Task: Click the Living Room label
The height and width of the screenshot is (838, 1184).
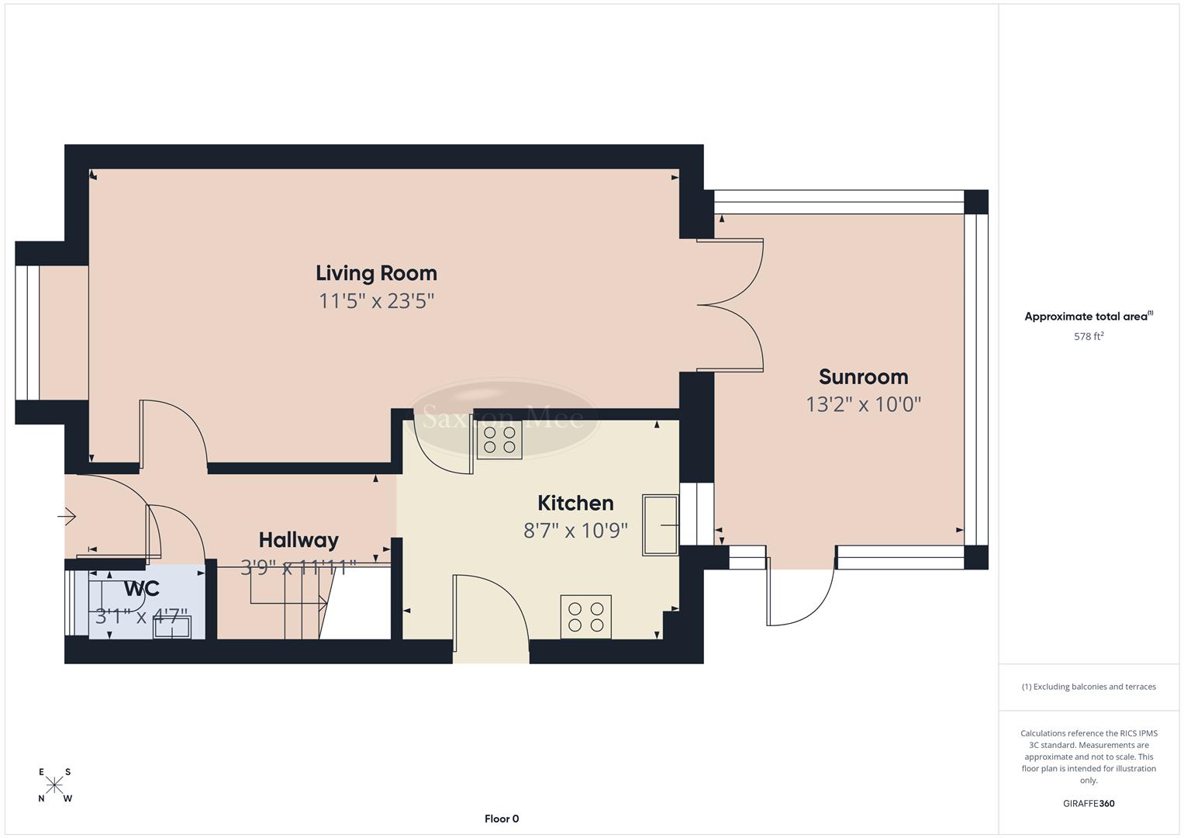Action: tap(376, 273)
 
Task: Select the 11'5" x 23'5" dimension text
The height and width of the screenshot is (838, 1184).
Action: tap(376, 301)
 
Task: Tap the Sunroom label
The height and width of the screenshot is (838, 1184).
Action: tap(863, 377)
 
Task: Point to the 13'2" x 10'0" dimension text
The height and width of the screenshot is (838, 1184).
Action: tap(863, 404)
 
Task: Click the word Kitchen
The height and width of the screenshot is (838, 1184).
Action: tap(575, 504)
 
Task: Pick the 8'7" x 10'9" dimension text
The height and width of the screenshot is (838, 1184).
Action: tap(575, 531)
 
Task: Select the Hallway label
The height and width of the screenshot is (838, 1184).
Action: tap(299, 540)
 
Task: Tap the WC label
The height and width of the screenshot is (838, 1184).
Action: tap(141, 589)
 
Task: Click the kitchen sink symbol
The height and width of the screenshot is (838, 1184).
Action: tap(660, 525)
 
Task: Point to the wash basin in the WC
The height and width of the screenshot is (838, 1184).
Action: tap(171, 628)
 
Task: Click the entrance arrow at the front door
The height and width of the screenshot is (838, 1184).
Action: tap(67, 516)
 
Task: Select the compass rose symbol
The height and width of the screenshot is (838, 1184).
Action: tap(54, 784)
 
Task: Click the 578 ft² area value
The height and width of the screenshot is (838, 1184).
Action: tap(1088, 337)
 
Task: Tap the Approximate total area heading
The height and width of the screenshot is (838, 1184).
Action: tap(1088, 317)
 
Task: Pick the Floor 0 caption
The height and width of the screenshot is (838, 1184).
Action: tap(501, 819)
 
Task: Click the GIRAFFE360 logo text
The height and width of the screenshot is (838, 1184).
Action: tap(1088, 804)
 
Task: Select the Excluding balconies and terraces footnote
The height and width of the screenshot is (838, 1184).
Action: tap(1088, 687)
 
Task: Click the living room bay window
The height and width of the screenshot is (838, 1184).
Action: tap(27, 333)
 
